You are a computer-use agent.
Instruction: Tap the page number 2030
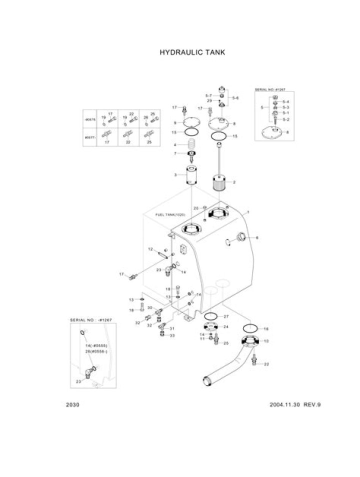pyautogui.click(x=73, y=404)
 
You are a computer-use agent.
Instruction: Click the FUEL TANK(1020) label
pyautogui.click(x=169, y=214)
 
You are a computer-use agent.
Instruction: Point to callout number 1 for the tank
pyautogui.click(x=248, y=213)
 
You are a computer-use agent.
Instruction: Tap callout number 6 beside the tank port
pyautogui.click(x=257, y=237)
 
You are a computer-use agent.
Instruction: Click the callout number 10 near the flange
pyautogui.click(x=266, y=340)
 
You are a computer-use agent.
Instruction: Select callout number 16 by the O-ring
pyautogui.click(x=266, y=328)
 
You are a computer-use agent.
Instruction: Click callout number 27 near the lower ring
pyautogui.click(x=225, y=317)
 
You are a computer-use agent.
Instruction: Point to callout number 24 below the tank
pyautogui.click(x=226, y=326)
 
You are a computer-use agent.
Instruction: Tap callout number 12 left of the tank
pyautogui.click(x=149, y=249)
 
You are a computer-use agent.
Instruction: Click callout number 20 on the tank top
pyautogui.click(x=196, y=207)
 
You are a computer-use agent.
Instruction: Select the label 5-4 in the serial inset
pyautogui.click(x=285, y=101)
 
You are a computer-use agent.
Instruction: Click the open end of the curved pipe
pyautogui.click(x=206, y=381)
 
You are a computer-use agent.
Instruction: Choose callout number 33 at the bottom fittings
pyautogui.click(x=171, y=335)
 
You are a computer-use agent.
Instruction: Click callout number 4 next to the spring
pyautogui.click(x=175, y=145)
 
